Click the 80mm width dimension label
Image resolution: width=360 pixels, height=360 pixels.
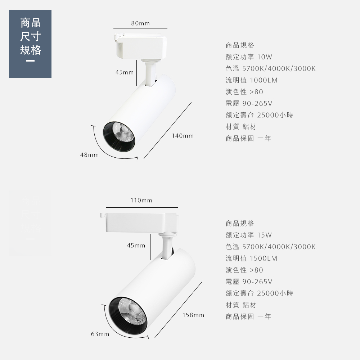point(140,23)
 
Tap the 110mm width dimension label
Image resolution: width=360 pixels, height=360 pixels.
point(141,201)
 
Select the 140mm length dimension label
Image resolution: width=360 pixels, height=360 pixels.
point(183,136)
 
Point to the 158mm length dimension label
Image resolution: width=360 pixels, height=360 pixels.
point(193,315)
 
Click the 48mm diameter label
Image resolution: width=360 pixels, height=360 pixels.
point(89,155)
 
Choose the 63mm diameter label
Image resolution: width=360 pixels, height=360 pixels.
point(100,334)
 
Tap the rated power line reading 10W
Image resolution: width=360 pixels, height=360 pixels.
point(249,57)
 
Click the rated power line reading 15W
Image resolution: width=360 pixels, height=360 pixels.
point(249,235)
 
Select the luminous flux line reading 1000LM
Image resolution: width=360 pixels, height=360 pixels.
point(252,80)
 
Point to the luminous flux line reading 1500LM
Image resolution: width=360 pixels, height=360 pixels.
point(252,258)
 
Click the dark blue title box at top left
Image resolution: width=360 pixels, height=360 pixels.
point(30,44)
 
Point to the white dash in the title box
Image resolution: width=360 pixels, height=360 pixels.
point(30,61)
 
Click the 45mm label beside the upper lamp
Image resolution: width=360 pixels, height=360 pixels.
point(125,72)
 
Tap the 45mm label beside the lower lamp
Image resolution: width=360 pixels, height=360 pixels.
point(136,246)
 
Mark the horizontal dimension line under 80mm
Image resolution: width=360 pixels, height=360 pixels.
point(140,28)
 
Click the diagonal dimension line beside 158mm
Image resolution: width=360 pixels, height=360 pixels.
point(178,310)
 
